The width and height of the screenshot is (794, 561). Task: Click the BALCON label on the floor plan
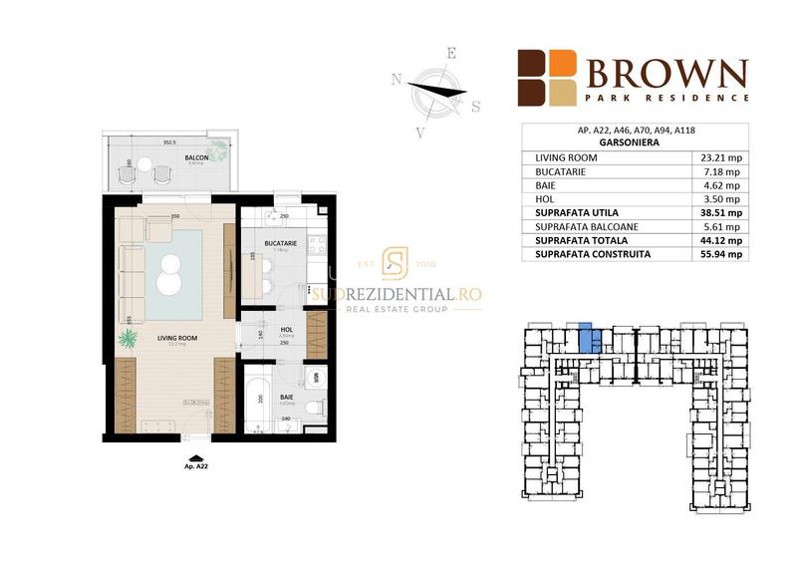click(194, 157)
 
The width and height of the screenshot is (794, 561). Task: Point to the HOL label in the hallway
click(284, 330)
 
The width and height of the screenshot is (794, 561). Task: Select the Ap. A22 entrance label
click(195, 465)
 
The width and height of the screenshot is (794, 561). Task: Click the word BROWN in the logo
click(664, 74)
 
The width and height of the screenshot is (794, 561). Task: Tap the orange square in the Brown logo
click(564, 62)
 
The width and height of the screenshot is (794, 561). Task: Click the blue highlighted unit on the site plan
click(587, 339)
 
